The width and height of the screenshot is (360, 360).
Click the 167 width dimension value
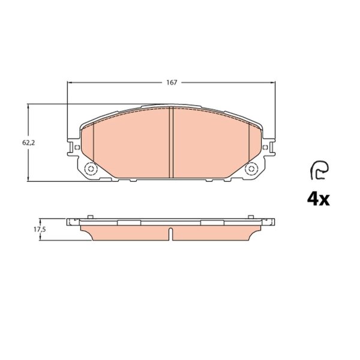[x=172, y=82]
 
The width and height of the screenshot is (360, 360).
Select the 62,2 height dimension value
[x=28, y=143]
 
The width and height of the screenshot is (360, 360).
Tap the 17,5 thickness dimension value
[x=40, y=229]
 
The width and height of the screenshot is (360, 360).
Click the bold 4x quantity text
[x=318, y=200]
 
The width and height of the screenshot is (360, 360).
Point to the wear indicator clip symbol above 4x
[x=319, y=170]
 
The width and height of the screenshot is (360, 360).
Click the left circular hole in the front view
[x=91, y=169]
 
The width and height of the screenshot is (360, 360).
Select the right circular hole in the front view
[x=251, y=169]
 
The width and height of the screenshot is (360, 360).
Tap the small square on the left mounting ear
[x=77, y=147]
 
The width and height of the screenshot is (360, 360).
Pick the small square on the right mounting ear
[x=265, y=147]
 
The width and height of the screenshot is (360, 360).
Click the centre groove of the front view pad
[x=171, y=142]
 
